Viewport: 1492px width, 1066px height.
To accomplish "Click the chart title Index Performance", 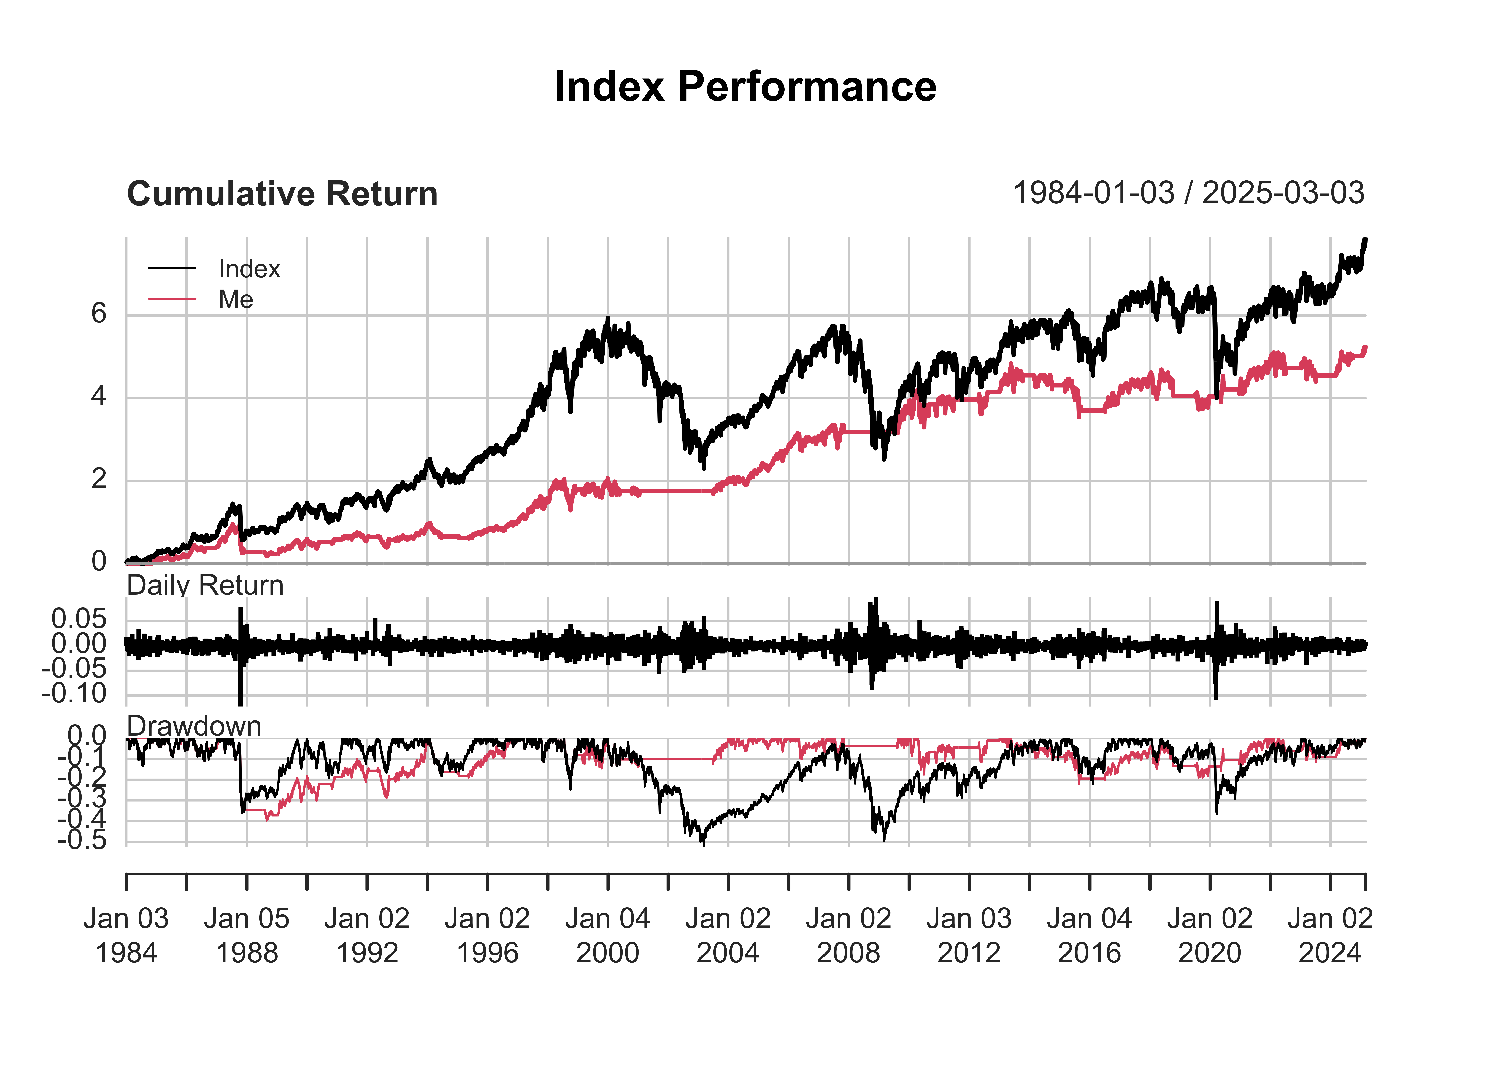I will coord(745,87).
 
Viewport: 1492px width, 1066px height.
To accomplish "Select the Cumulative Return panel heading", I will coord(282,194).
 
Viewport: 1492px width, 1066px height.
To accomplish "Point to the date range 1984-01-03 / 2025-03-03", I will coord(1188,193).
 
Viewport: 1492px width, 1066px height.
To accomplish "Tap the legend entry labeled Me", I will coord(236,300).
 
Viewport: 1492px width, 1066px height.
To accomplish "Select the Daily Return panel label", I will coord(205,585).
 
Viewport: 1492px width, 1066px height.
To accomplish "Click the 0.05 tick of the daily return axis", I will coord(79,619).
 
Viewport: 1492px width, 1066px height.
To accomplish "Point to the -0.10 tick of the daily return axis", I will coord(74,693).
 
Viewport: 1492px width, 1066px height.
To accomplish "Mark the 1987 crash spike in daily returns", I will coord(240,689).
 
